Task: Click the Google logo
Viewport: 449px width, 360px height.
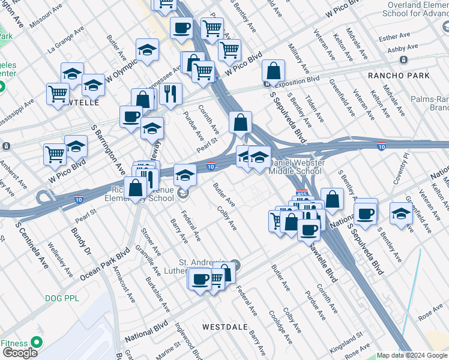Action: pos(20,353)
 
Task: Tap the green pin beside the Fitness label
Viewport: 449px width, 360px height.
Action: pos(36,343)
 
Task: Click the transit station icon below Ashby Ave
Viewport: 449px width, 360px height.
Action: pos(403,60)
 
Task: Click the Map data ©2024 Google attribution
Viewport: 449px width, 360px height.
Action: pos(412,355)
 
